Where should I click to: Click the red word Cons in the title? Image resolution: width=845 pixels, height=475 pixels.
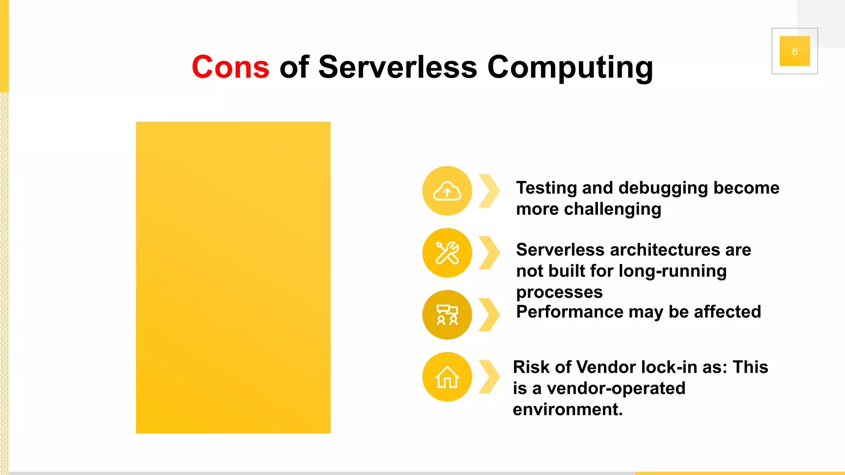(x=230, y=67)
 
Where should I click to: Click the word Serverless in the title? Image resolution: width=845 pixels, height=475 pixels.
(x=398, y=67)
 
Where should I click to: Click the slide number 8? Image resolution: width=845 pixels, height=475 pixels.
(x=794, y=51)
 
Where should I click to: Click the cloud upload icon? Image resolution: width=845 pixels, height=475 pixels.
(x=447, y=191)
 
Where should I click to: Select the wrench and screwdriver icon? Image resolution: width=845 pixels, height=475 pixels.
(x=447, y=253)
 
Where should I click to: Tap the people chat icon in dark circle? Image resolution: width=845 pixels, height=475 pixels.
(x=447, y=315)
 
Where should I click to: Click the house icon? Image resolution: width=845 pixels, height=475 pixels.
(x=447, y=377)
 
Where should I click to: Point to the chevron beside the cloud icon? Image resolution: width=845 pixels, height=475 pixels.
(x=489, y=191)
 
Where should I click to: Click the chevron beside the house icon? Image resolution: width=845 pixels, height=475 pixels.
(x=489, y=377)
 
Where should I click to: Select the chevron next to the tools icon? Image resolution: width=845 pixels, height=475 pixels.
(x=489, y=253)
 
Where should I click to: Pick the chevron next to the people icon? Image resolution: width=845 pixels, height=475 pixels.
(x=489, y=315)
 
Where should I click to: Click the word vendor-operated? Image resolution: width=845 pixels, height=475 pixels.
(x=616, y=388)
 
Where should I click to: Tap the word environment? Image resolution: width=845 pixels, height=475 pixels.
(x=567, y=409)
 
